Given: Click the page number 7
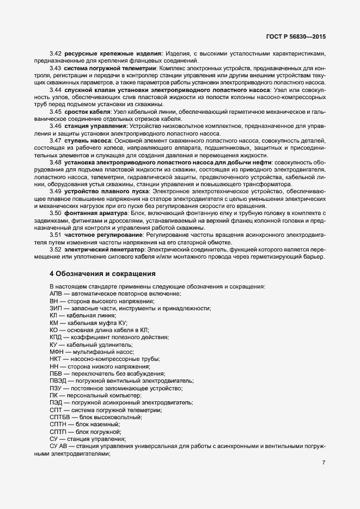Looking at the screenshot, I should tap(324, 463).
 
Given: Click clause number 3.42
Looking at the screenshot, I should tap(55, 53).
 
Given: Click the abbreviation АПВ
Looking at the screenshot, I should tap(56, 294).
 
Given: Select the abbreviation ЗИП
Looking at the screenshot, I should tap(56, 308).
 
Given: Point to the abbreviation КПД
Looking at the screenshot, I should tap(56, 338).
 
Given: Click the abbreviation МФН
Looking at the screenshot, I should tap(57, 352).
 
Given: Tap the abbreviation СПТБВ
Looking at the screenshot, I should tap(60, 417).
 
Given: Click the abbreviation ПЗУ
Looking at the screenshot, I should tap(56, 388).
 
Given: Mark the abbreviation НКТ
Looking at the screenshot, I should tap(56, 359).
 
